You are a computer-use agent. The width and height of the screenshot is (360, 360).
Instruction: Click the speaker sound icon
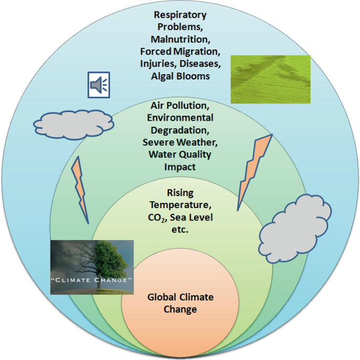click(x=99, y=86)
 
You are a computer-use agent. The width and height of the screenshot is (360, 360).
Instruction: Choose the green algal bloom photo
click(x=271, y=79)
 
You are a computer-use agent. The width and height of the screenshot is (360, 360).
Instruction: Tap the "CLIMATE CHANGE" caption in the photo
click(x=91, y=280)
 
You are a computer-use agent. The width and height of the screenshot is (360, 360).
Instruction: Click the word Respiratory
click(x=181, y=15)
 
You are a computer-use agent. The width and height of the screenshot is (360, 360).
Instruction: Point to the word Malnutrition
click(x=180, y=39)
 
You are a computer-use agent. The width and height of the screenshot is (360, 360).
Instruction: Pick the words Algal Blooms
click(x=180, y=76)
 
